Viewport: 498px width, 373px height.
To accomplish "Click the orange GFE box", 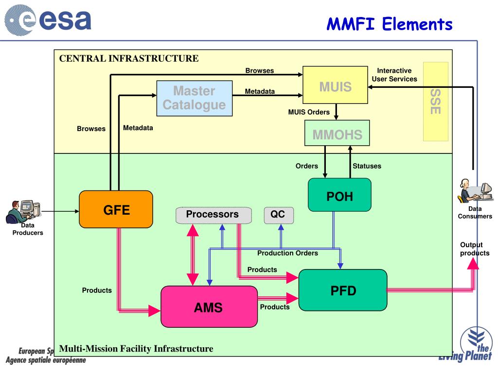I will tap(116, 209).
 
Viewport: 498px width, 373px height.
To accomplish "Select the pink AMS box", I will tap(209, 306).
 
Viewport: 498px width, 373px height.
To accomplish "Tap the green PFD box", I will tap(343, 290).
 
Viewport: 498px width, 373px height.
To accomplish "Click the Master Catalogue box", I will tap(194, 98).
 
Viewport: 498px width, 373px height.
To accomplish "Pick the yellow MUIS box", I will tap(335, 87).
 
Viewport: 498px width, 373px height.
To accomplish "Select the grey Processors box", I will tap(213, 215).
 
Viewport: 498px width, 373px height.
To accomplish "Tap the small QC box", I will tap(278, 215).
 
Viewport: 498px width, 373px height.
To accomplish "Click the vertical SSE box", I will tap(435, 101).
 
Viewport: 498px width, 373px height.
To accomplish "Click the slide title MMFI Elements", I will tap(389, 23).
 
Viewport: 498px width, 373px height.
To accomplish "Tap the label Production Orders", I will tap(287, 253).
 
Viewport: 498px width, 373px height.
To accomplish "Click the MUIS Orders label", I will tap(309, 112).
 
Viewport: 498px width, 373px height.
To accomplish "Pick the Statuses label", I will tap(367, 166).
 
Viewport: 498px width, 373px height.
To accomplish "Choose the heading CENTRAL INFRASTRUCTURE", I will tap(129, 59).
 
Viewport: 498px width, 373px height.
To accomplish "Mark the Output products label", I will tap(474, 249).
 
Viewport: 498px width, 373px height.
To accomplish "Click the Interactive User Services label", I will tap(394, 75).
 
